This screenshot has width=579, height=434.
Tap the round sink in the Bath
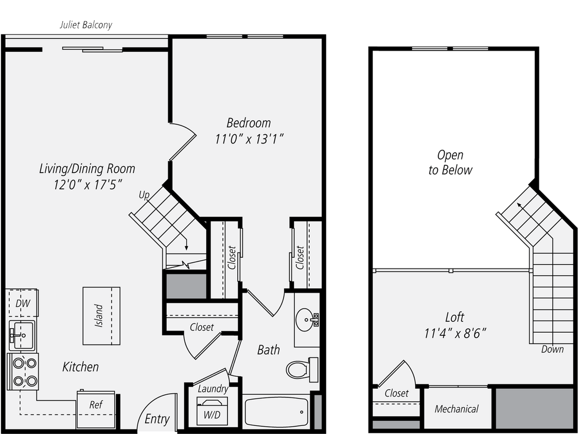pos(307,321)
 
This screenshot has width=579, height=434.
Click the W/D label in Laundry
pos(210,414)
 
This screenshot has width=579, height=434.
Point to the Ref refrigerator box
pos(96,405)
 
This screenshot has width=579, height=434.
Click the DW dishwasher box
pos(23,303)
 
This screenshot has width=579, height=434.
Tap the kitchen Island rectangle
pos(101,316)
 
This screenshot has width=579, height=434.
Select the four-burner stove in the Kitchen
pos(24,371)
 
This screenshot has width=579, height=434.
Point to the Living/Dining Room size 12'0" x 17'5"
pos(87,184)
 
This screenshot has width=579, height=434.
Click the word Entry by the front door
pos(157,419)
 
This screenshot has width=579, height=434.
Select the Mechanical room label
pos(457,409)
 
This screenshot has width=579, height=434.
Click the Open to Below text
pos(450,162)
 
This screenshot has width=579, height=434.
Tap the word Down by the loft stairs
pos(552,350)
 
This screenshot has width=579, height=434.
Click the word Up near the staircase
pos(144,195)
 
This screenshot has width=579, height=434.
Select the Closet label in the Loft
pos(397,393)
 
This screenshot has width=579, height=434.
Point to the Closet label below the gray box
pos(202,327)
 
